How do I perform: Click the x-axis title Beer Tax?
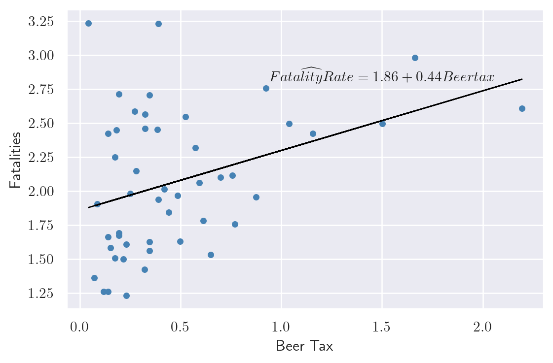[x=304, y=346]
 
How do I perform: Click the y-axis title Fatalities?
[x=15, y=160]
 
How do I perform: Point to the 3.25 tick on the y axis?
[x=40, y=22]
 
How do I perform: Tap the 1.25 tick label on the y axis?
[x=40, y=294]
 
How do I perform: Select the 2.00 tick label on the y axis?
[x=40, y=192]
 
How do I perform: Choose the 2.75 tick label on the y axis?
[x=40, y=90]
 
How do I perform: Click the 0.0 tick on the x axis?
[x=79, y=328]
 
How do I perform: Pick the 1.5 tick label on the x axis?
[x=382, y=328]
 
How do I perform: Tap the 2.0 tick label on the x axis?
[x=482, y=328]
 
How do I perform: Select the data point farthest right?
[x=522, y=108]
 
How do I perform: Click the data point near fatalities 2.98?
[x=415, y=58]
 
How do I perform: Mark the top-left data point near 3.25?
[x=88, y=23]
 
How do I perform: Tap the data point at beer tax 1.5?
[x=382, y=124]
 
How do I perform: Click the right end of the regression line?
[x=522, y=79]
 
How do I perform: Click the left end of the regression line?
[x=89, y=207]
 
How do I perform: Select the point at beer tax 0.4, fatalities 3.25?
[x=158, y=24]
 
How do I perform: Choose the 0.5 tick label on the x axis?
[x=180, y=328]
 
